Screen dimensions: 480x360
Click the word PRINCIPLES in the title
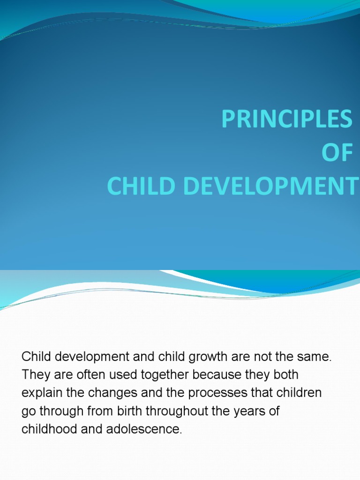coord(286,119)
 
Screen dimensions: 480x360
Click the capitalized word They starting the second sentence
coord(33,375)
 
